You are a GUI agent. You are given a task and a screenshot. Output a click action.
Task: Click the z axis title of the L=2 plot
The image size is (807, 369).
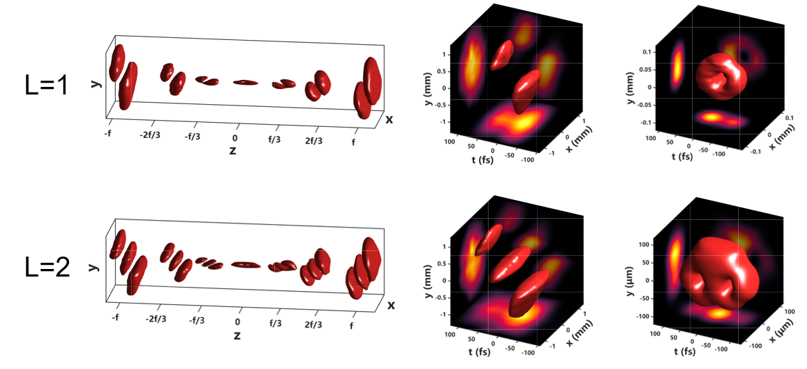[237, 336]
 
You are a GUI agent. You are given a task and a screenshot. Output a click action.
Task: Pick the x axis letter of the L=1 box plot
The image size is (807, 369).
[389, 119]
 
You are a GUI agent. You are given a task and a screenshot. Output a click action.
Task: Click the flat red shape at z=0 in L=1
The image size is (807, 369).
[245, 83]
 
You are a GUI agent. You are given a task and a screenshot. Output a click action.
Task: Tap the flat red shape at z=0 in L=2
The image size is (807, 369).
[245, 264]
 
